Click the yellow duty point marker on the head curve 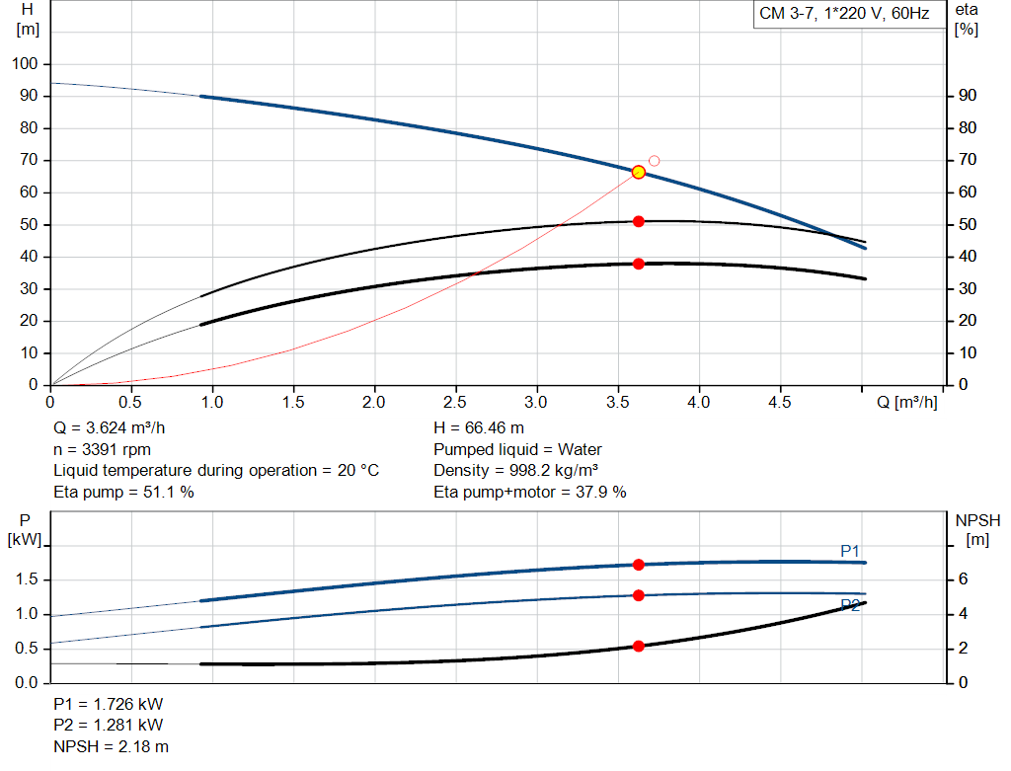(639, 172)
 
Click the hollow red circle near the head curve (654, 161)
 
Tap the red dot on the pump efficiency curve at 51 (639, 222)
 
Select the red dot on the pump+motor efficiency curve (639, 264)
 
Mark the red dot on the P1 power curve (639, 565)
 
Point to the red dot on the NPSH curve (639, 646)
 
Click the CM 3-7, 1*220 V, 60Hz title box (844, 14)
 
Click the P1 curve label (850, 551)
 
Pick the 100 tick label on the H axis (25, 63)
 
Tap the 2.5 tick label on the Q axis (454, 402)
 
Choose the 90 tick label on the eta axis (968, 96)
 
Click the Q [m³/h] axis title (906, 402)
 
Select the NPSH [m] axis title (977, 529)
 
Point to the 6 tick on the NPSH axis (963, 578)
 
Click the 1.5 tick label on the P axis (27, 578)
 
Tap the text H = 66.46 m (479, 428)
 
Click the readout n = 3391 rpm (102, 449)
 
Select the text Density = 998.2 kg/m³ (515, 471)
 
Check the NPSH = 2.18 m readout (111, 746)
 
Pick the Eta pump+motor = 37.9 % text (530, 492)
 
